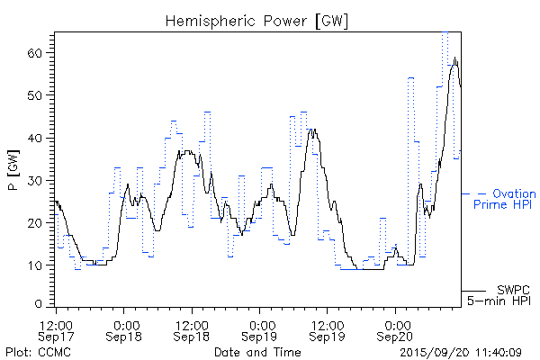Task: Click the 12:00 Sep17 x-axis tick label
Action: point(56,329)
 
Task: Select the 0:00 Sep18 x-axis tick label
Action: point(125,329)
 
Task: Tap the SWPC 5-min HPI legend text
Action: point(501,294)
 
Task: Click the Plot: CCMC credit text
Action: point(34,351)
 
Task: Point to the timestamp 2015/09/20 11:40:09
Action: point(461,351)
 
